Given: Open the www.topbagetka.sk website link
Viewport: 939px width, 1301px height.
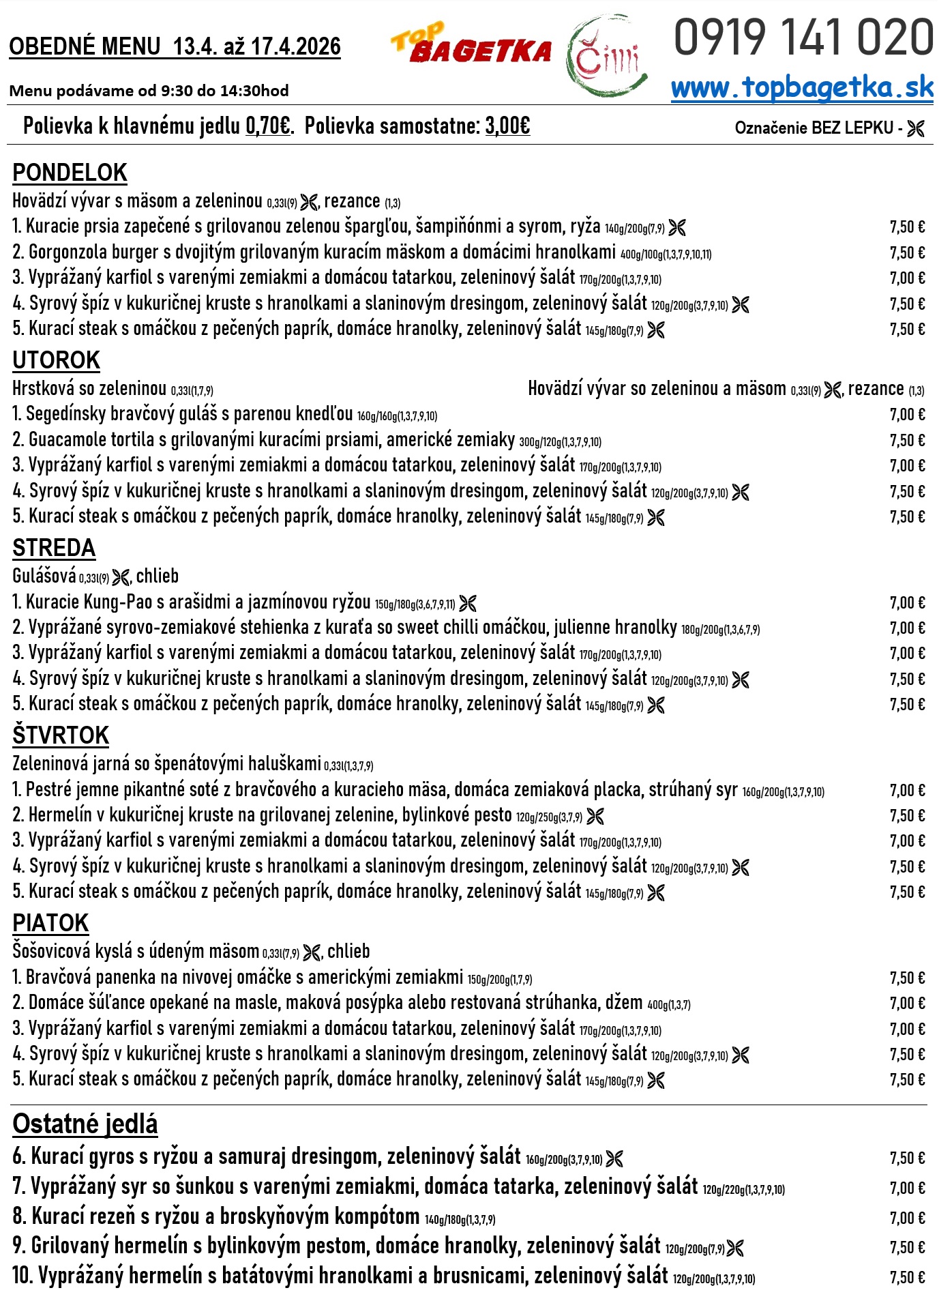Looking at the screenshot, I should [802, 88].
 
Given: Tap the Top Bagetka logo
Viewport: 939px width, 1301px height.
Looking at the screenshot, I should [471, 46].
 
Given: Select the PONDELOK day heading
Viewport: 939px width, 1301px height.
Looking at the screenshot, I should [70, 173].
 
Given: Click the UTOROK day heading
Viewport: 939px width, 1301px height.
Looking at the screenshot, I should [56, 360].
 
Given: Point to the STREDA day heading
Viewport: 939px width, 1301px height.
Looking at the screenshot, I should [54, 548].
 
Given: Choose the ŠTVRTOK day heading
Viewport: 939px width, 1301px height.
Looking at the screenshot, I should [61, 735].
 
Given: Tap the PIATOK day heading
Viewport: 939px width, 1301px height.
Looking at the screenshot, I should [50, 923].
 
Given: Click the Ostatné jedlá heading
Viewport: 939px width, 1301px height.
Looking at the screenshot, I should [85, 1124].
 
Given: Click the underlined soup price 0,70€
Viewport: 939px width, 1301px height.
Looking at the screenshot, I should [268, 126].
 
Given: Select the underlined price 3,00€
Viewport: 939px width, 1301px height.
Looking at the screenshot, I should [507, 126].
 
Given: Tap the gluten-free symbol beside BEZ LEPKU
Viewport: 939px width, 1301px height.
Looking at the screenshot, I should [916, 128].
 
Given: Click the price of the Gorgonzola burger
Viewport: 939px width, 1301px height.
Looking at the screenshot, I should [907, 252].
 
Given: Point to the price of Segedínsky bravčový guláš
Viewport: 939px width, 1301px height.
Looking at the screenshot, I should [907, 415].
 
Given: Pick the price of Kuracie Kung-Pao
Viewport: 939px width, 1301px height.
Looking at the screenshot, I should [907, 602].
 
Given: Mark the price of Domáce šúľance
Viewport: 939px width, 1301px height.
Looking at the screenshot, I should [907, 1003].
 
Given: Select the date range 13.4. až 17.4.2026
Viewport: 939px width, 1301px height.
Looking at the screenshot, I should [256, 46].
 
